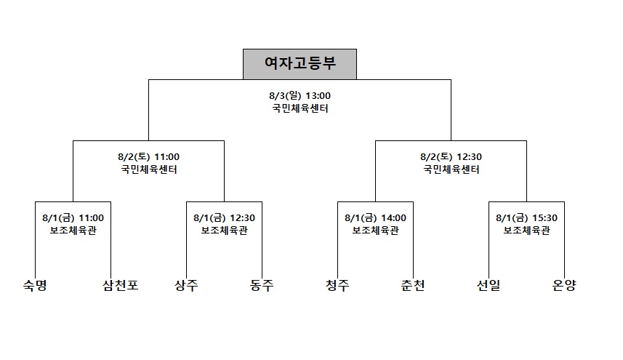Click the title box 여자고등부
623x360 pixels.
pos(300,64)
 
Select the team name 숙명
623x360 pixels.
pos(36,285)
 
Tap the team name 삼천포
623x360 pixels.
pos(121,285)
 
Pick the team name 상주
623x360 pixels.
pos(186,285)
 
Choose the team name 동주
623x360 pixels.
pos(262,285)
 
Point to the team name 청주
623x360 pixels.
pos(337,285)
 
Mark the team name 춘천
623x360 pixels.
pos(413,285)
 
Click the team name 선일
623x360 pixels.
pos(489,285)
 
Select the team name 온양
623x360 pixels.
pos(564,285)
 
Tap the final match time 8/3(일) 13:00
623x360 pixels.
pos(300,96)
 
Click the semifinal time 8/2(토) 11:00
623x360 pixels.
pos(148,157)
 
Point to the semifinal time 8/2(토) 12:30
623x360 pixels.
pos(451,157)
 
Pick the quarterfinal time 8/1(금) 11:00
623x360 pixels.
pos(73,218)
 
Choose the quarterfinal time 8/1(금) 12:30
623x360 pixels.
pos(224,218)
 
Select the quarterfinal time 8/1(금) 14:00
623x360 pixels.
pos(375,218)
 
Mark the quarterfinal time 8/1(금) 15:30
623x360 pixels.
pos(526,218)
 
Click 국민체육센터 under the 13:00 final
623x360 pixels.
pos(300,108)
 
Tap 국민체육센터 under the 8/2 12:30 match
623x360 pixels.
pos(451,169)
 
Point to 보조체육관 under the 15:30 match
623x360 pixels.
pos(527,231)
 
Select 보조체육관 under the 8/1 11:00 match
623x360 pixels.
pos(73,231)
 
